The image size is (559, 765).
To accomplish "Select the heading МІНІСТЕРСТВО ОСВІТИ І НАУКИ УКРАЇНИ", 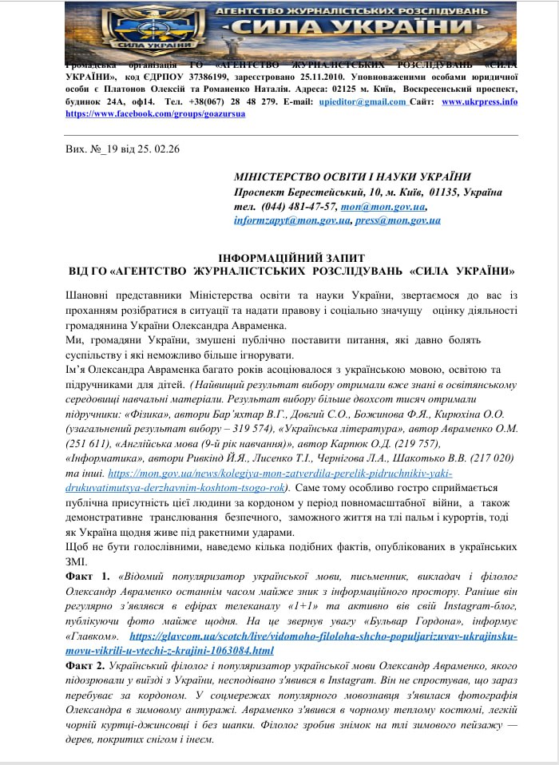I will point(352,177).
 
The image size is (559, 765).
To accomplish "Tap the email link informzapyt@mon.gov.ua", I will point(291,220).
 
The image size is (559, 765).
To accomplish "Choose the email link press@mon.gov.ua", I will point(397,220).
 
